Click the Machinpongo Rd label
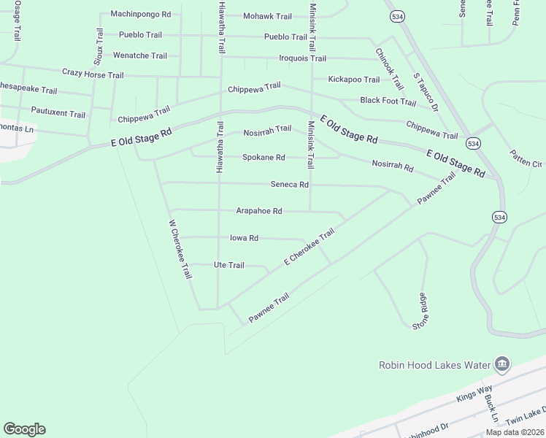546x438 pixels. tap(140, 14)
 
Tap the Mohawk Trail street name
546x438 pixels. tap(267, 16)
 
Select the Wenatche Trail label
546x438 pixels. tap(139, 55)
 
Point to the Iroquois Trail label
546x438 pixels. tap(302, 58)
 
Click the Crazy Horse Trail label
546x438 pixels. tap(93, 74)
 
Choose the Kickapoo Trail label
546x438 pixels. tap(354, 80)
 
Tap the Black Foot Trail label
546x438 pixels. tap(388, 101)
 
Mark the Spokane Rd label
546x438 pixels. tap(264, 158)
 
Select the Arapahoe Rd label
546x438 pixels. tap(258, 211)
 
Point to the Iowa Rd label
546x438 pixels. tap(244, 238)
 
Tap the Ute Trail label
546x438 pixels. tap(228, 265)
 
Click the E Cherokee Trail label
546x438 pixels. tap(309, 247)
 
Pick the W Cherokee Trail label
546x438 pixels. tap(180, 249)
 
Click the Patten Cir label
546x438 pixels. tap(526, 158)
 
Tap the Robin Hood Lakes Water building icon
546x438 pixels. tap(501, 364)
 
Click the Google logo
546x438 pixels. tap(24, 429)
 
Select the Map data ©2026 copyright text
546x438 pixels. tap(515, 432)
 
